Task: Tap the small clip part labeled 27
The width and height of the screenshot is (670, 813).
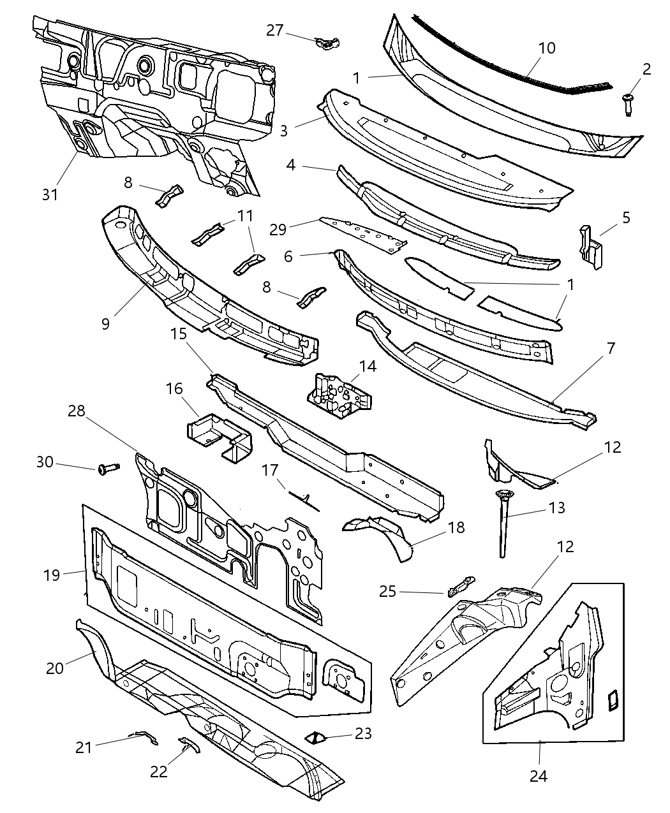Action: click(x=327, y=43)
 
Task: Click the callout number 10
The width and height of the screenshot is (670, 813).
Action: click(x=547, y=48)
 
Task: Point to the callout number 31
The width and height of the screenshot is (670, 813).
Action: click(x=49, y=194)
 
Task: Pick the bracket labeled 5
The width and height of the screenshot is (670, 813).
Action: click(x=591, y=247)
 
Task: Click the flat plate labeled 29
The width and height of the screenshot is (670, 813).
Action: click(x=364, y=234)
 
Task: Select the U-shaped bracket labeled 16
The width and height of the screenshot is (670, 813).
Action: click(x=219, y=437)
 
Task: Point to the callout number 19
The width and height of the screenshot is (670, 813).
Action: click(x=52, y=575)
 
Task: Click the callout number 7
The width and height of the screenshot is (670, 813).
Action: click(x=611, y=349)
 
